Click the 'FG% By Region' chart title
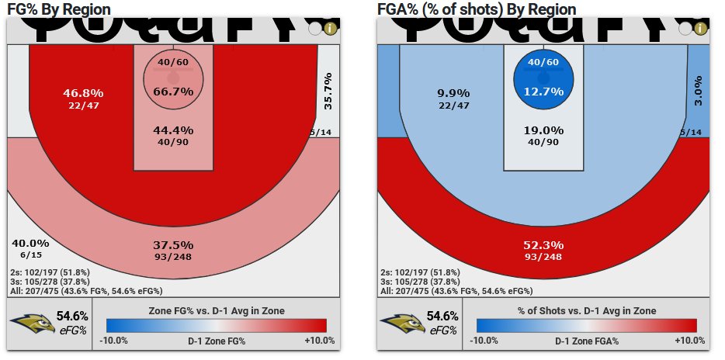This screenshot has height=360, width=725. pos(58,9)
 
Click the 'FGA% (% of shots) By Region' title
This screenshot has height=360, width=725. pos(477,9)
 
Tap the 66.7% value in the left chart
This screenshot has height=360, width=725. pos(173,92)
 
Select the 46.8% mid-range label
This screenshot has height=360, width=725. pos(83,93)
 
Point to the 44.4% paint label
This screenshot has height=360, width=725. pos(173,130)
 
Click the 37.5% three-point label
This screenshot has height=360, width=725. pos(173,244)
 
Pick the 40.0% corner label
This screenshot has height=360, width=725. pos(30,243)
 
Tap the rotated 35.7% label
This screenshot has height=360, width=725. pos(328,91)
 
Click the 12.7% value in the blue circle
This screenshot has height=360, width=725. pos(543,92)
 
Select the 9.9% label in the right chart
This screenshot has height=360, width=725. pos(453,93)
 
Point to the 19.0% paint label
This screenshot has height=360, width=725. pos(543,130)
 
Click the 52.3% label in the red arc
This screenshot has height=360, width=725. pos(543,244)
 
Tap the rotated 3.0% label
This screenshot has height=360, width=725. pos(697,91)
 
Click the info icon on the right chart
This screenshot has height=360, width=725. pos(700,29)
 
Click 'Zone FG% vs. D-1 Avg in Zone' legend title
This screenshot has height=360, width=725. pos(216,310)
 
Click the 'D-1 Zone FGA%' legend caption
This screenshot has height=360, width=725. pos(585,341)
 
